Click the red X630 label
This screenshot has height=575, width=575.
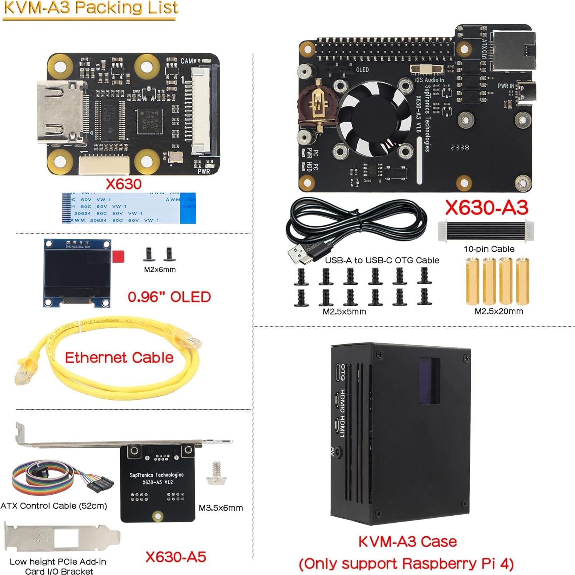point(123,184)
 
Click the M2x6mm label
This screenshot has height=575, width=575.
point(160,269)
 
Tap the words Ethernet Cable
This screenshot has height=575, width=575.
point(119,357)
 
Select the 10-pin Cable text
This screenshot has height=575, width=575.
point(489,249)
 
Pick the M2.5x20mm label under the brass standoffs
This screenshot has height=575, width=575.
point(499,311)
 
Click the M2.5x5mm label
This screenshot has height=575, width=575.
point(344,312)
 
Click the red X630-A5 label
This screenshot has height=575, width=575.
point(176,557)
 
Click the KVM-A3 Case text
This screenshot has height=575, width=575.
point(407,542)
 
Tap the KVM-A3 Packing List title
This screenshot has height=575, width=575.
point(91,8)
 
